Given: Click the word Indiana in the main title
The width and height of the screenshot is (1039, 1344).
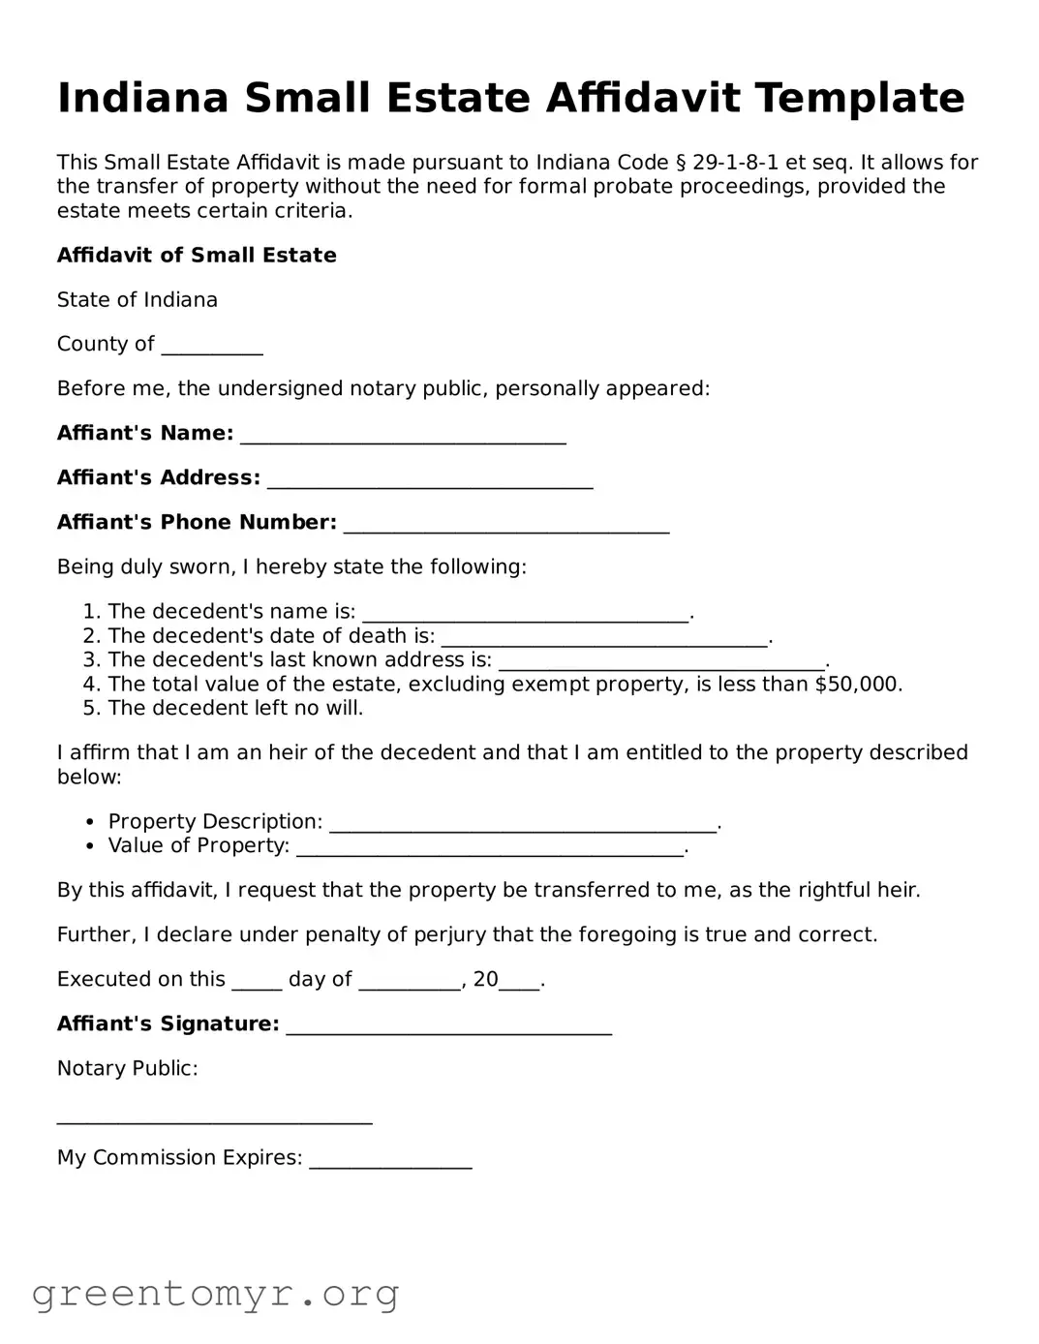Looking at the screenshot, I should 142,99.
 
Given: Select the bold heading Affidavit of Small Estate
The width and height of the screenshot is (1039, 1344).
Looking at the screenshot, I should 197,256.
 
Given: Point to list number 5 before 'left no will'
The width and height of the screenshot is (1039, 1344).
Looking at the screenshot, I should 91,709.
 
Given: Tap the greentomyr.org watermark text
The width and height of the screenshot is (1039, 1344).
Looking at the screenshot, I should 216,1294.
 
